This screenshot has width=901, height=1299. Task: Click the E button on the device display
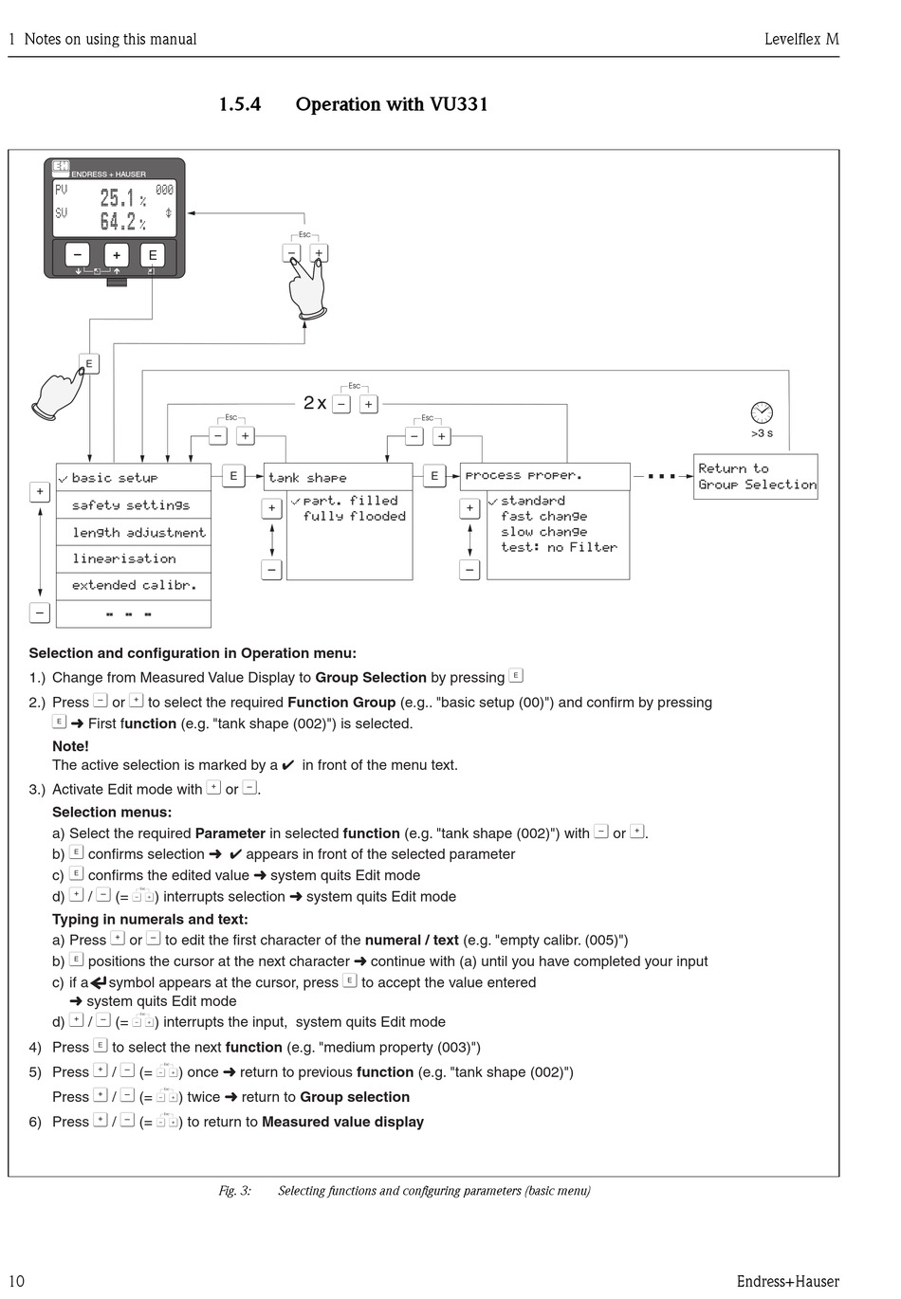tap(152, 255)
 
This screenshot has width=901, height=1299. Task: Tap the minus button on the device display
tap(78, 255)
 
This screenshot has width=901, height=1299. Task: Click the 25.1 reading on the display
tap(119, 198)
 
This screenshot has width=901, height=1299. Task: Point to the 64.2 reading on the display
tap(119, 222)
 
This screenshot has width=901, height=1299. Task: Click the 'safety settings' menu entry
tap(131, 505)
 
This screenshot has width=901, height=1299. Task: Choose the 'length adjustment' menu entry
tap(138, 533)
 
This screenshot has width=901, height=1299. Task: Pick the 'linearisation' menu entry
tap(124, 559)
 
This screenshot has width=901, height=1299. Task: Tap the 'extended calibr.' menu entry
tap(135, 586)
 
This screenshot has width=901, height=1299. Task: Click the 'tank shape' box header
tap(307, 478)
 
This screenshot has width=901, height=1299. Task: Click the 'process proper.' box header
tap(524, 476)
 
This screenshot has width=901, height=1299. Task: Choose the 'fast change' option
tap(544, 517)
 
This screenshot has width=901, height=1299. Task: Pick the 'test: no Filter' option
tap(559, 548)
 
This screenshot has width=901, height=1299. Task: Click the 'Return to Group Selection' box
tap(756, 476)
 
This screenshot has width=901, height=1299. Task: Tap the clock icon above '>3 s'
tap(762, 412)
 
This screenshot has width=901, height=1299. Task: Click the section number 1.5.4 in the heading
tap(240, 104)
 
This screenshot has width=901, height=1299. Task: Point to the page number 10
tap(16, 1281)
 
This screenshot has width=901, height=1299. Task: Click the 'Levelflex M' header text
tap(801, 39)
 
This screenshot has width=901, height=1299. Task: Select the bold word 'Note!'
tap(70, 746)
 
